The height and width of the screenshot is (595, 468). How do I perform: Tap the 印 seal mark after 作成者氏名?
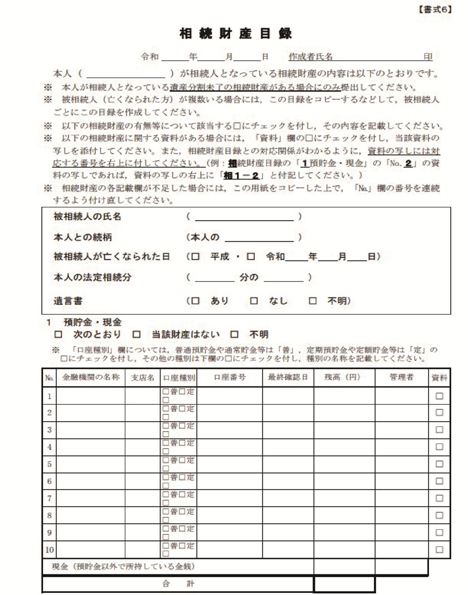pos(428,57)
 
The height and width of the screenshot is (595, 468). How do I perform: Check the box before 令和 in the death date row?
pos(251,257)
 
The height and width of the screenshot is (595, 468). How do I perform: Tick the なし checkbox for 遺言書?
pos(253,301)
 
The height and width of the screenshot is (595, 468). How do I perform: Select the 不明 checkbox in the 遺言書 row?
pos(313,301)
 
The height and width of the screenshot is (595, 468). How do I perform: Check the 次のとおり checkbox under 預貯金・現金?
pos(57,335)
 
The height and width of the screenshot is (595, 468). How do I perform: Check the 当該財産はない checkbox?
pos(136,335)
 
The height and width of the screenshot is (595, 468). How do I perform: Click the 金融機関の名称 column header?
pos(91,378)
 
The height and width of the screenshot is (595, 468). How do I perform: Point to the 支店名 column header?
pos(142,378)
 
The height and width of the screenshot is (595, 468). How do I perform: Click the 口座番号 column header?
pos(230,378)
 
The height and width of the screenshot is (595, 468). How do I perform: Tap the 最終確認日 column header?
pos(287,378)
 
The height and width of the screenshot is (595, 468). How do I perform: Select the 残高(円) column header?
pos(343,378)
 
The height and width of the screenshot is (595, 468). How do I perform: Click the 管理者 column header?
pos(402,378)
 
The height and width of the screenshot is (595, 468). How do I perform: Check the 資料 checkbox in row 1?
pos(439,396)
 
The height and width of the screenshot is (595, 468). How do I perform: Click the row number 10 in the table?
pos(49,550)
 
